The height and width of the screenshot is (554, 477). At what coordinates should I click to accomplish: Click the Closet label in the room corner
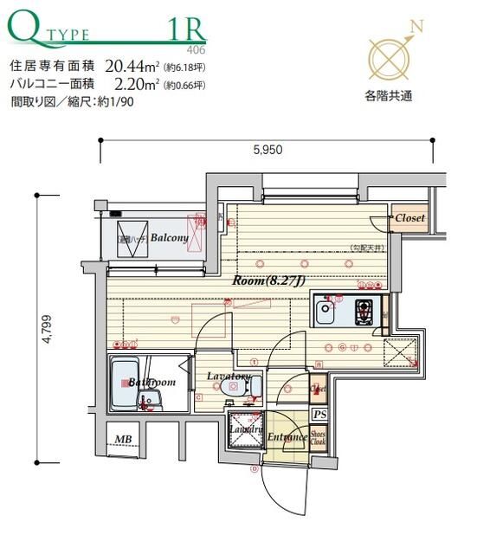point(409,218)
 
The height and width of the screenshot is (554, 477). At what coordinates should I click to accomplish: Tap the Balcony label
point(170,237)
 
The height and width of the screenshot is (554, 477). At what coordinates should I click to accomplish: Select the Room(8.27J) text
point(267,280)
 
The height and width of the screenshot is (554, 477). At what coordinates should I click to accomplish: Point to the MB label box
point(124,439)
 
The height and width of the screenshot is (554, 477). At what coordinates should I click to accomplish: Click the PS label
point(319,415)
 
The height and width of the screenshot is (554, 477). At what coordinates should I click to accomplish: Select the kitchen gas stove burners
point(364,309)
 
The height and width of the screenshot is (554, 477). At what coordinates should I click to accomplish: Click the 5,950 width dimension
point(268,150)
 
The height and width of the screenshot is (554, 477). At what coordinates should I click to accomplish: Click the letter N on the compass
point(417,27)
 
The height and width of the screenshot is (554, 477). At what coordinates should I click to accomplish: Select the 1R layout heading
point(184,29)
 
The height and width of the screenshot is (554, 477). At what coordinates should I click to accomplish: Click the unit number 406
point(197,50)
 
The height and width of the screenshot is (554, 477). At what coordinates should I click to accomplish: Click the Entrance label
point(287,437)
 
